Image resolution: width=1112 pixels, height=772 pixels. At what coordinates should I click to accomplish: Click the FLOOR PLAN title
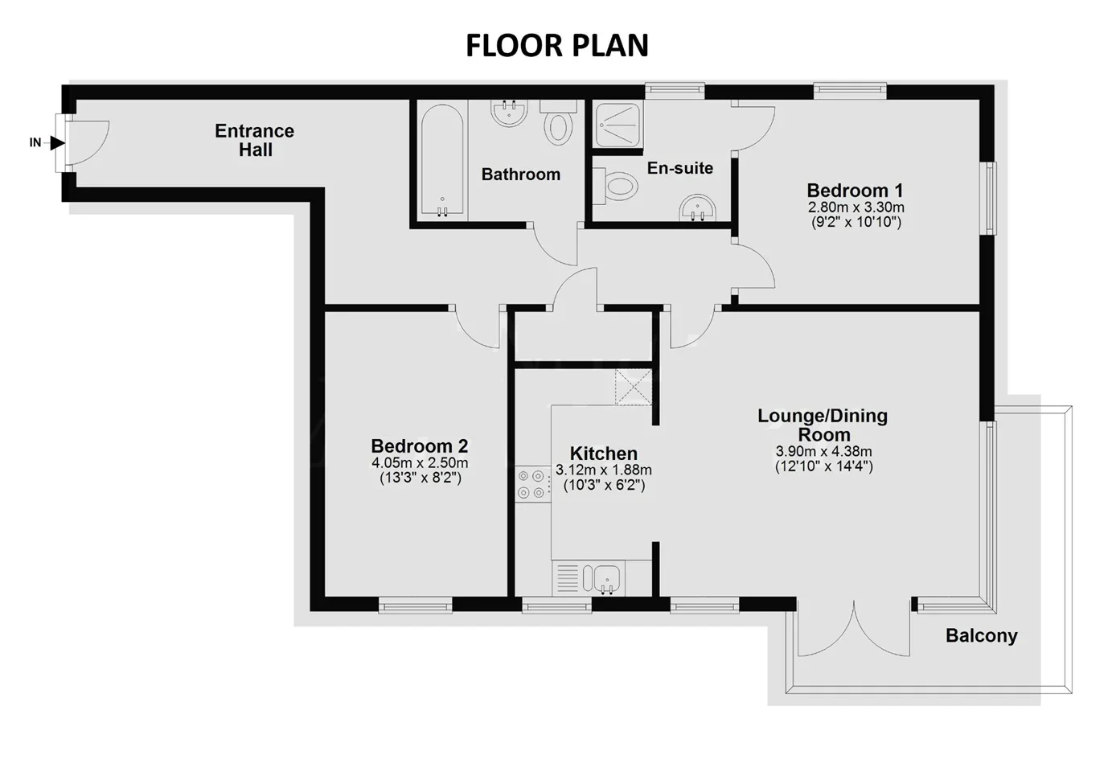[557, 46]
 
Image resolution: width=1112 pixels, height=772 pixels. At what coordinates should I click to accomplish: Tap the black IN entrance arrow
[58, 143]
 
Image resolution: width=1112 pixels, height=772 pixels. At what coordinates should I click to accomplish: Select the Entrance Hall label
[255, 140]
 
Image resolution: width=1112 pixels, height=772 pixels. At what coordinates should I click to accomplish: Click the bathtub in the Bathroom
[442, 160]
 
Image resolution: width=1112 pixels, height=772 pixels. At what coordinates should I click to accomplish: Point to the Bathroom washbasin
[509, 113]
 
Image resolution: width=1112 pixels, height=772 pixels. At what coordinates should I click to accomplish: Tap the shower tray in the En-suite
[618, 125]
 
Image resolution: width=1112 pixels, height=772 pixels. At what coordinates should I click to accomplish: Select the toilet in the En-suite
[616, 187]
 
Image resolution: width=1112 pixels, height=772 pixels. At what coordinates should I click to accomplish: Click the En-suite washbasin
[697, 207]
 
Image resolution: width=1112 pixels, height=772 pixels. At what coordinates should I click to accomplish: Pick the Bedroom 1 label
[855, 190]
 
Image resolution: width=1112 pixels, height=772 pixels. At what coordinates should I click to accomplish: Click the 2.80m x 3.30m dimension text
[856, 207]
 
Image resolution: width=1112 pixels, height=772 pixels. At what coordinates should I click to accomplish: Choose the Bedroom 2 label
[420, 446]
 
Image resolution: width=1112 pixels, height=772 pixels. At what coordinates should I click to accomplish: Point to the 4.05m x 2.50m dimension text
[420, 463]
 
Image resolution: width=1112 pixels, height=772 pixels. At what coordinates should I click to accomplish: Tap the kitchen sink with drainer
[589, 577]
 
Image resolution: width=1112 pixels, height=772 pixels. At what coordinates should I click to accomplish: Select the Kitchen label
[604, 454]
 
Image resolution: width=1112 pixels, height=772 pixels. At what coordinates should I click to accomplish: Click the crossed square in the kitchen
[633, 387]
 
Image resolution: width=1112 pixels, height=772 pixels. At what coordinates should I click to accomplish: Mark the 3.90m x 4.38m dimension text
[823, 451]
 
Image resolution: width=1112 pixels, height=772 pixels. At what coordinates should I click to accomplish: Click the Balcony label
[982, 635]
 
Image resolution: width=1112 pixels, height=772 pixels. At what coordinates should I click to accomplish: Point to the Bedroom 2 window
[415, 605]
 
